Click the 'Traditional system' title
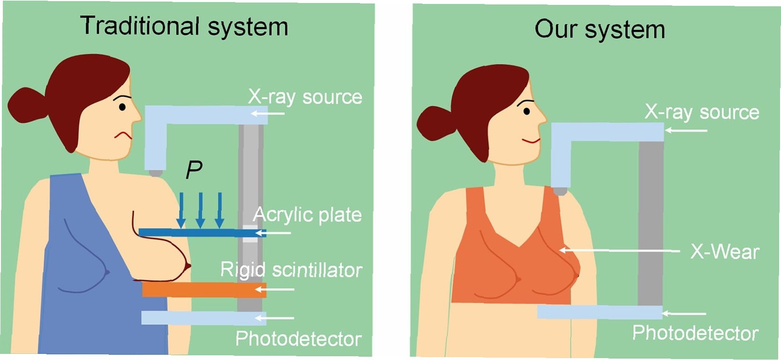click(x=184, y=26)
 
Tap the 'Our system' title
click(x=600, y=30)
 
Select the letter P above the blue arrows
click(x=194, y=170)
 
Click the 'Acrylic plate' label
click(x=308, y=215)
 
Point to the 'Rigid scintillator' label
click(x=291, y=270)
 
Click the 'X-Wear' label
click(x=725, y=252)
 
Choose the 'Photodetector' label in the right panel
click(x=695, y=333)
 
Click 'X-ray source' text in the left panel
click(x=305, y=97)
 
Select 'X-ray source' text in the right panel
click(x=702, y=112)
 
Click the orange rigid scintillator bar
click(x=204, y=289)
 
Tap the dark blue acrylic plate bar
click(x=202, y=232)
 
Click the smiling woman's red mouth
click(x=531, y=141)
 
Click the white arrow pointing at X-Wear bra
click(x=619, y=251)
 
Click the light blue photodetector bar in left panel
click(x=203, y=318)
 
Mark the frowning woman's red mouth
click(x=123, y=135)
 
